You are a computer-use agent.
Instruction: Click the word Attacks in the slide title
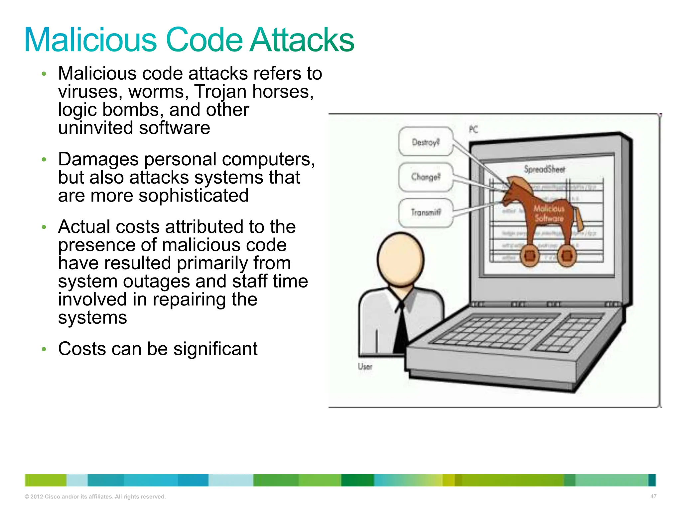pos(302,40)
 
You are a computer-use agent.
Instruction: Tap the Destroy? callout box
pos(426,142)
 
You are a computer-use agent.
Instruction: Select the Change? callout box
pos(426,177)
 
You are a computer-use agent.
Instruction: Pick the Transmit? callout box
pos(426,212)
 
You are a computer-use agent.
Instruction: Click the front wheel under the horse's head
pos(530,256)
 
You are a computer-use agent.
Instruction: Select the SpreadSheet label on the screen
pos(545,169)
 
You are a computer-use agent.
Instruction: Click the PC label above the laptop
pos(474,129)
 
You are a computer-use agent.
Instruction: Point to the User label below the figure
pos(365,367)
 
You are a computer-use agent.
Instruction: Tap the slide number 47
pos(653,496)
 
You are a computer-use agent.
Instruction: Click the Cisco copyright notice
pos(95,497)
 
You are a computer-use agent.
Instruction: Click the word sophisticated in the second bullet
pos(194,196)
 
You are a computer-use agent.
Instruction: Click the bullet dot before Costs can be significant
pos(44,349)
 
